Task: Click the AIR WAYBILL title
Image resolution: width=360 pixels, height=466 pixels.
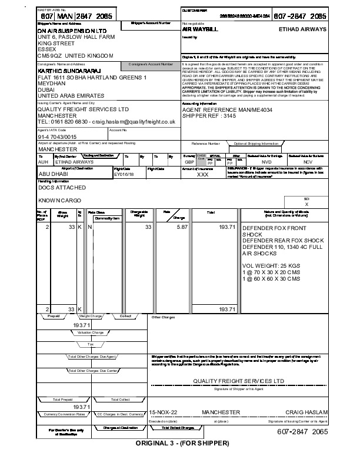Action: point(200,28)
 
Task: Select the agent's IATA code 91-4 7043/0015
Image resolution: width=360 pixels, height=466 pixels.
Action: point(57,137)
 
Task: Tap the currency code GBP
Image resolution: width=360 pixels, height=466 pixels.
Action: point(189,162)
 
